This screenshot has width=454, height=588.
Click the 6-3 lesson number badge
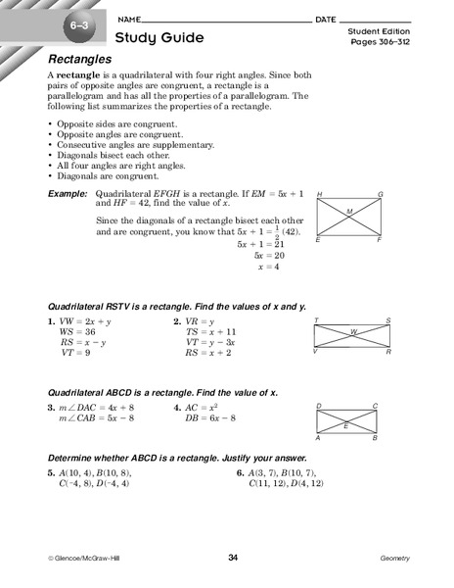tap(75, 22)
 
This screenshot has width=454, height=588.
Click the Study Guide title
tap(159, 38)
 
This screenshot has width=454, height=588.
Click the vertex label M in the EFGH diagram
tap(349, 211)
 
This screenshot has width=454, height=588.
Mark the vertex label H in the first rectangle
tap(320, 195)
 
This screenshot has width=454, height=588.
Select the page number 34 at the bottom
tap(233, 558)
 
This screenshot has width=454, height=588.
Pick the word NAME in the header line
tap(129, 20)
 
